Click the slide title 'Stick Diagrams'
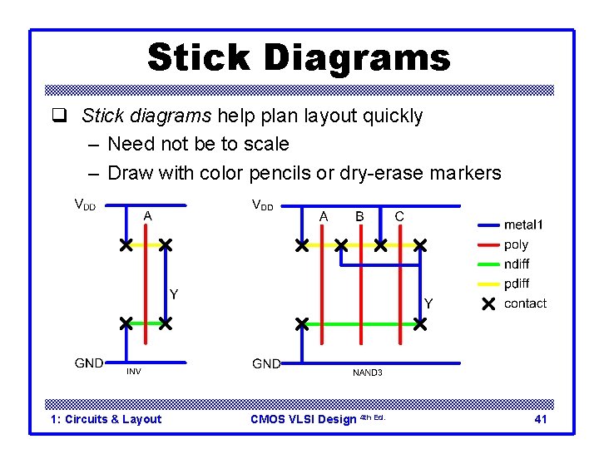[299, 58]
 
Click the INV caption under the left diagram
[134, 372]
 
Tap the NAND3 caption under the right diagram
[367, 373]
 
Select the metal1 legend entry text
[523, 224]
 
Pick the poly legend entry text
[516, 244]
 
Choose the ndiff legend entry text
[517, 264]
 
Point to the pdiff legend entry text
[517, 284]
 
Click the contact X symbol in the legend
[488, 303]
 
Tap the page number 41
[541, 419]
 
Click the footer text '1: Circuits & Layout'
[106, 419]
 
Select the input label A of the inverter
[147, 215]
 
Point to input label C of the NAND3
[399, 216]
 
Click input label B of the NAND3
[360, 216]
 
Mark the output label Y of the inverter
[174, 294]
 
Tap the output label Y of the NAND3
[428, 303]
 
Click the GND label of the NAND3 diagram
[266, 363]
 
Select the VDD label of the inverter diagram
[87, 204]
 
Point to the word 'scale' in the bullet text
[264, 144]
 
